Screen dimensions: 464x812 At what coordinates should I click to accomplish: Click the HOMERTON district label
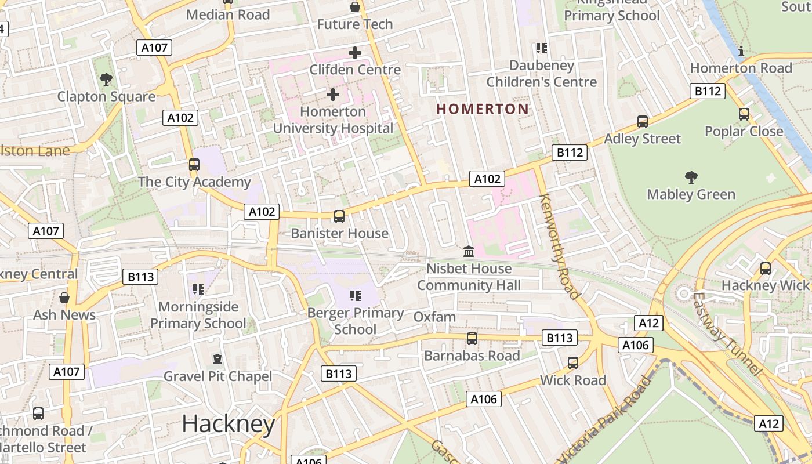pyautogui.click(x=482, y=109)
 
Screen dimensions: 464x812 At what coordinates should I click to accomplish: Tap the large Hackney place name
pyautogui.click(x=228, y=425)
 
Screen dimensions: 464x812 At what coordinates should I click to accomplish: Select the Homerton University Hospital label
pyautogui.click(x=333, y=120)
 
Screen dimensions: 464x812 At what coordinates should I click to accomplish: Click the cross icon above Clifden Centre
pyautogui.click(x=354, y=53)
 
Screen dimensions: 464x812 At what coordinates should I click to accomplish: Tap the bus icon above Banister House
pyautogui.click(x=339, y=216)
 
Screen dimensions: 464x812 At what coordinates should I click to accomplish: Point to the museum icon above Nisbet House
pyautogui.click(x=469, y=252)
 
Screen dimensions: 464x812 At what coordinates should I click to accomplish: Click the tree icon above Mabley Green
pyautogui.click(x=691, y=177)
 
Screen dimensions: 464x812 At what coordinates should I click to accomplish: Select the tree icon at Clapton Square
pyautogui.click(x=106, y=79)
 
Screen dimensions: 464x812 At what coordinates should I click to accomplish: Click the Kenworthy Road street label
pyautogui.click(x=559, y=246)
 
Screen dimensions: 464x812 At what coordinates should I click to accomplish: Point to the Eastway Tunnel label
pyautogui.click(x=725, y=333)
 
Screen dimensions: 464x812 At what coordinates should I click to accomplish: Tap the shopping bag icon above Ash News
pyautogui.click(x=64, y=298)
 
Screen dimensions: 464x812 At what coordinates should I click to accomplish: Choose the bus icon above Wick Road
pyautogui.click(x=573, y=363)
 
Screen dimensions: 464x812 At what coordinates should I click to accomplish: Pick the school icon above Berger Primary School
pyautogui.click(x=356, y=296)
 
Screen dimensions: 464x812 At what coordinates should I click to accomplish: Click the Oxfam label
pyautogui.click(x=434, y=317)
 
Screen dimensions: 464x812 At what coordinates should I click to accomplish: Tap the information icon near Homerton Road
pyautogui.click(x=741, y=51)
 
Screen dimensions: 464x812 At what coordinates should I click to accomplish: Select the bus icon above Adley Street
pyautogui.click(x=642, y=122)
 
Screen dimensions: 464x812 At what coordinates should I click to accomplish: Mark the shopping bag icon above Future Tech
pyautogui.click(x=354, y=8)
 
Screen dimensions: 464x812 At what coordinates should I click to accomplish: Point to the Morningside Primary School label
pyautogui.click(x=198, y=315)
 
